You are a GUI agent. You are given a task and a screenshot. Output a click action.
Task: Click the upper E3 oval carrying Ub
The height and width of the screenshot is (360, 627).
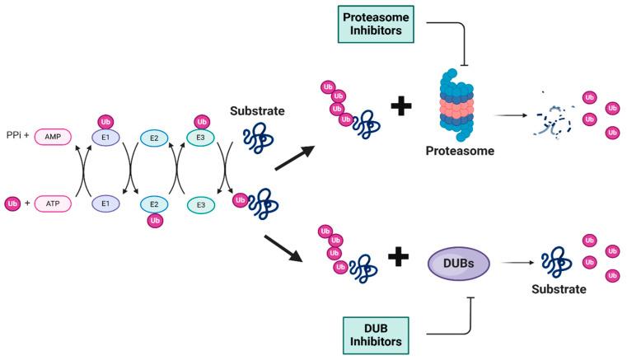coord(196,138)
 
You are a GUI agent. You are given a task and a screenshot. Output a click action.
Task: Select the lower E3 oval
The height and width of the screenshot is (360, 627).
coord(196,202)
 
